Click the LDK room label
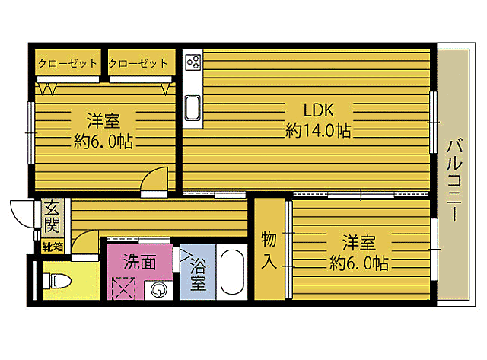(318, 109)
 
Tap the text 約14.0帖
(318, 131)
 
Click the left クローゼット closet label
(68, 64)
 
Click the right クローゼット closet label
(138, 64)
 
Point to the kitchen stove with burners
(192, 62)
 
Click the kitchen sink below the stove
(192, 109)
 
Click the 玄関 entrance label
(52, 216)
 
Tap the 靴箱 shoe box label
(53, 246)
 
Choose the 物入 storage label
(269, 249)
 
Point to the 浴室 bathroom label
(198, 275)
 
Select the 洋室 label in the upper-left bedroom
(102, 120)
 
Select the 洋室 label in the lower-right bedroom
(358, 243)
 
